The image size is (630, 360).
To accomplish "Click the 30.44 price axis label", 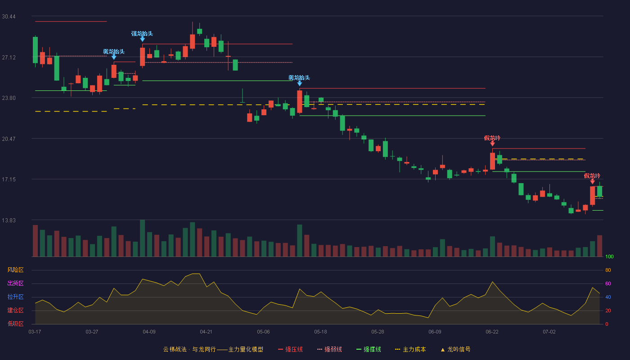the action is (9, 17).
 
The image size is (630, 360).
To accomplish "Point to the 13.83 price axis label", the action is (9, 220).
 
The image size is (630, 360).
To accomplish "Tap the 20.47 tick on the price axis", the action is (9, 139).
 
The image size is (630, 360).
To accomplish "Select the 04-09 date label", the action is (149, 332).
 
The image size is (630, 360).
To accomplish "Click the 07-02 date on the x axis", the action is (549, 332).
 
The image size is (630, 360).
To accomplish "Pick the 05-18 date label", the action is (320, 332).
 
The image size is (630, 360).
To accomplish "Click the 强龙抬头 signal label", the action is (142, 34).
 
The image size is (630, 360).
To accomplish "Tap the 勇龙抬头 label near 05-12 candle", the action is (299, 77).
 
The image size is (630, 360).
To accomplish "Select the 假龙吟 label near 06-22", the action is (492, 138).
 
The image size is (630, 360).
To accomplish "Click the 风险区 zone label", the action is (15, 270).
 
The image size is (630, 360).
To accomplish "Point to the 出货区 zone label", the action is (15, 283).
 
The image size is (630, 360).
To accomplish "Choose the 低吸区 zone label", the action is (15, 324).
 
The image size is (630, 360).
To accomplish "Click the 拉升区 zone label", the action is (15, 297).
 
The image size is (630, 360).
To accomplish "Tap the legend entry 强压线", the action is (291, 349).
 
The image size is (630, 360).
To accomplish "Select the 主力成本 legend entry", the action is (410, 349).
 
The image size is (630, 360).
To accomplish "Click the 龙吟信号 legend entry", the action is (455, 349).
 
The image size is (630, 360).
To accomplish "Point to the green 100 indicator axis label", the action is (609, 256).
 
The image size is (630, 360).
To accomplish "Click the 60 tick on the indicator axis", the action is (608, 283).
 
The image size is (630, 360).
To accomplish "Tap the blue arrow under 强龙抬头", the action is (143, 39).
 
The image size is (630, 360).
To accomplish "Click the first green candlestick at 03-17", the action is (35, 50).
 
